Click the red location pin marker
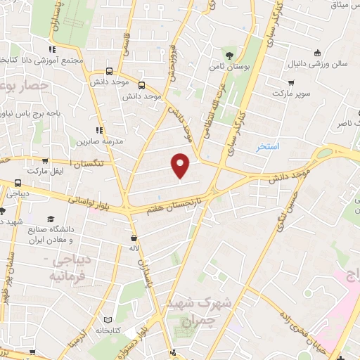point(181,165)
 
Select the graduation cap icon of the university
point(51,219)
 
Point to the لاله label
point(134,248)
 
